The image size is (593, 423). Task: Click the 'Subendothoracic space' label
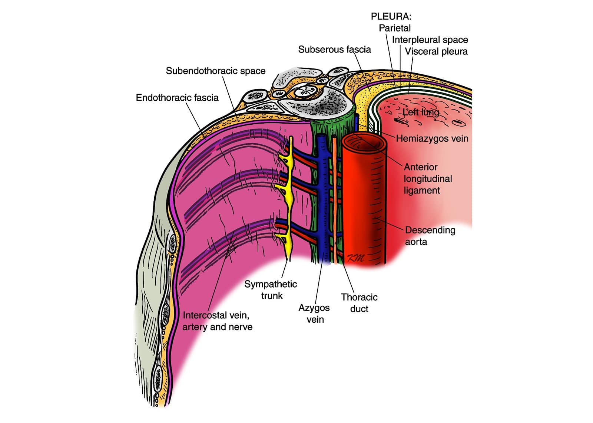pyautogui.click(x=215, y=71)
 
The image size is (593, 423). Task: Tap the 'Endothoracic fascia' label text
pyautogui.click(x=177, y=98)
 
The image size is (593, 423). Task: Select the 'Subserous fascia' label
pyautogui.click(x=334, y=50)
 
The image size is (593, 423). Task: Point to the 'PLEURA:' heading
pyautogui.click(x=391, y=16)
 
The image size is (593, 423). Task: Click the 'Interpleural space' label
pyautogui.click(x=430, y=40)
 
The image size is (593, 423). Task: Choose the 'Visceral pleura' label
pyautogui.click(x=436, y=51)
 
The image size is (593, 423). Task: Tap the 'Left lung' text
pyautogui.click(x=421, y=112)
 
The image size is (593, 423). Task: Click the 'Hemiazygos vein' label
pyautogui.click(x=432, y=138)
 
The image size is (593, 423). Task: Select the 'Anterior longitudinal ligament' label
pyautogui.click(x=428, y=179)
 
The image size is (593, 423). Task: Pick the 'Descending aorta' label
pyautogui.click(x=430, y=236)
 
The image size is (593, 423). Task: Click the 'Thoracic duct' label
pyautogui.click(x=359, y=303)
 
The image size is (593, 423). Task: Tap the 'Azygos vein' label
pyautogui.click(x=314, y=313)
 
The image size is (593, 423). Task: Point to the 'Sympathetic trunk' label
pyautogui.click(x=271, y=290)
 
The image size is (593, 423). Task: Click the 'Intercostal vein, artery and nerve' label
pyautogui.click(x=217, y=321)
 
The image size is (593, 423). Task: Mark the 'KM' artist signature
pyautogui.click(x=355, y=258)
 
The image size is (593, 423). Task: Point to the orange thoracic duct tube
pyautogui.click(x=336, y=200)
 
